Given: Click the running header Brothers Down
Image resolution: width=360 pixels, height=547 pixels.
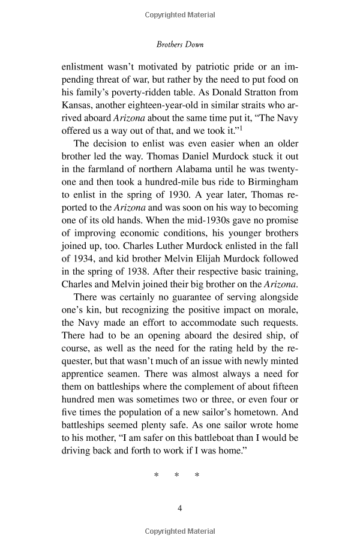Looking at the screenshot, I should [179, 44].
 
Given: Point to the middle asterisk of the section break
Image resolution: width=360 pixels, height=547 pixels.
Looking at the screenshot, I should [177, 476].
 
